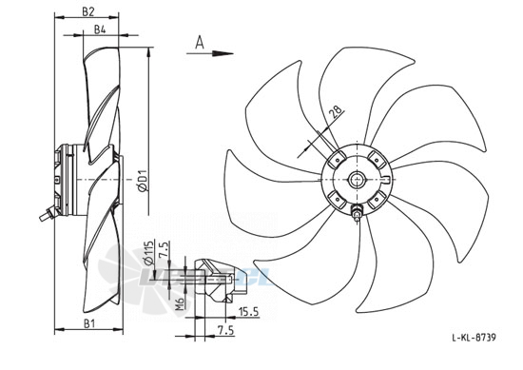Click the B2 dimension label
88,11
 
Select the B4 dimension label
100,29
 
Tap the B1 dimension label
89,323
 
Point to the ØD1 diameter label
144,181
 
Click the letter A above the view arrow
200,43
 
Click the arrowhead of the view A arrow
223,53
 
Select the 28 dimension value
337,112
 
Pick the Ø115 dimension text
149,253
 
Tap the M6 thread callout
180,302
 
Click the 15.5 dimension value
249,312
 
